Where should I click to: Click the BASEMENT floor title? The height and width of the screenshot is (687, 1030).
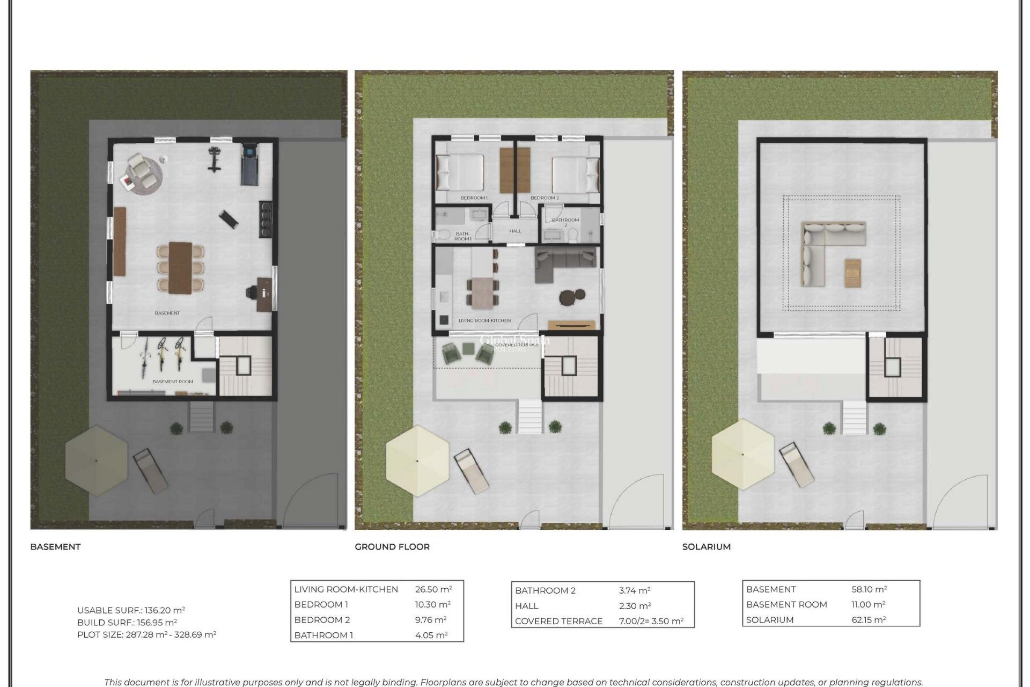[55, 546]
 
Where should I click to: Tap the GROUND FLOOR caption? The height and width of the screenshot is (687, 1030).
[392, 546]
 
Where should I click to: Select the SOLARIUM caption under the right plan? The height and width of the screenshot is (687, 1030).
[706, 546]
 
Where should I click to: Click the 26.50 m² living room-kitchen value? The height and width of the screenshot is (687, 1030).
[433, 589]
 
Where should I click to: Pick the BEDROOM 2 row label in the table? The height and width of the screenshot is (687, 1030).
[322, 620]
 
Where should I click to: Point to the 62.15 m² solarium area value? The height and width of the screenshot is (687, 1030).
[869, 620]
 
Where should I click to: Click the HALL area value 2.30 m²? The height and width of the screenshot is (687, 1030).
[635, 606]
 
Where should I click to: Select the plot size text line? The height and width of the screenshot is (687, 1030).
[146, 634]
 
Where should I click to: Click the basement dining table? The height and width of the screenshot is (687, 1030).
[180, 267]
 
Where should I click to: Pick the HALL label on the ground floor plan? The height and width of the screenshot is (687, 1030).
[515, 231]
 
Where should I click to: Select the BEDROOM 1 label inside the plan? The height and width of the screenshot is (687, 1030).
[474, 198]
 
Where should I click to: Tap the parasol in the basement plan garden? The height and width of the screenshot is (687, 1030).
[96, 461]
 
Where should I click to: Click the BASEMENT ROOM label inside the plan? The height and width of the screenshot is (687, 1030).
[172, 382]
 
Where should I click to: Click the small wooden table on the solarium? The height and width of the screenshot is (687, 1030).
[852, 273]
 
